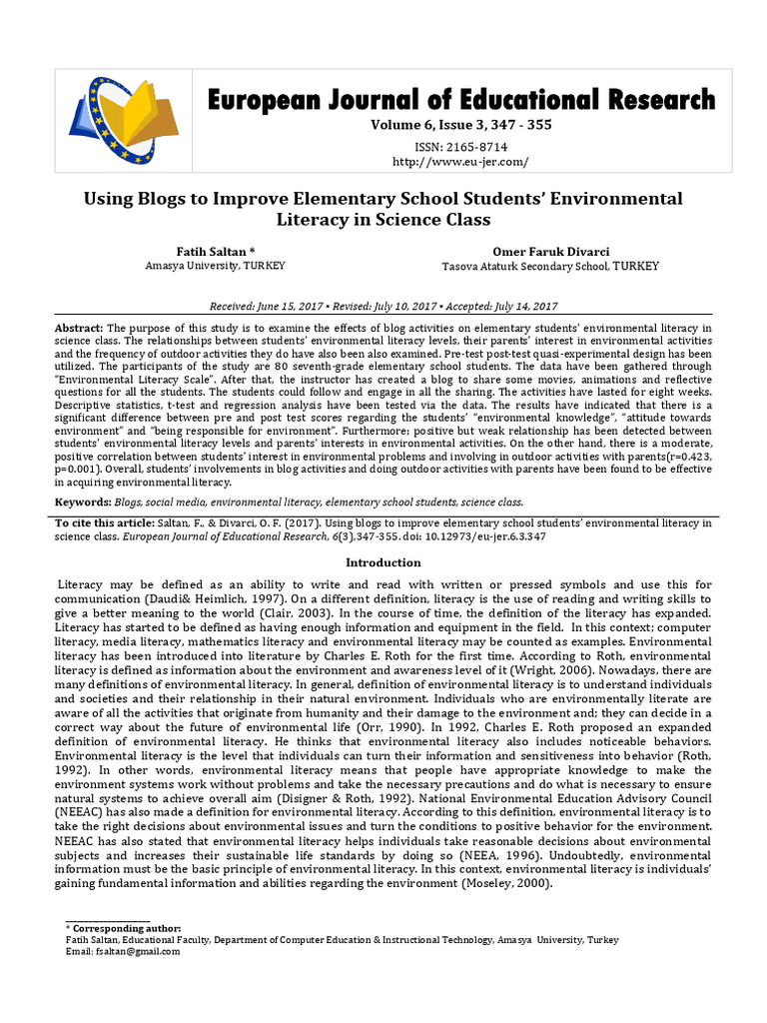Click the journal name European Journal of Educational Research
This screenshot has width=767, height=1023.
click(460, 100)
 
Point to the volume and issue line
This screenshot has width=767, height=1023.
click(460, 126)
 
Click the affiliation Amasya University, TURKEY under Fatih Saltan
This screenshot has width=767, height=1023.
click(215, 266)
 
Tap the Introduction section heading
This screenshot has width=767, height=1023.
click(383, 562)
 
